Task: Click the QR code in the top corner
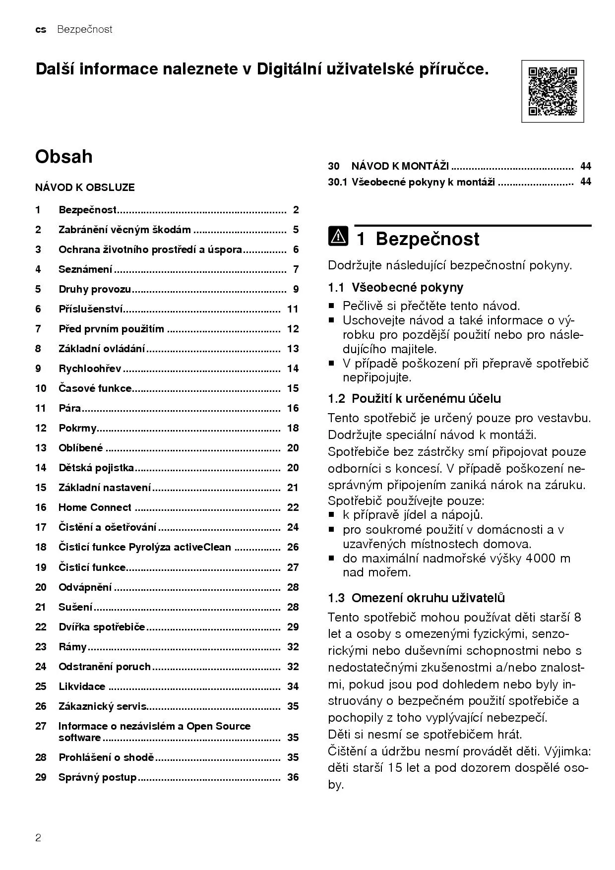[x=553, y=91]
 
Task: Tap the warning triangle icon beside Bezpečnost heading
[x=338, y=237]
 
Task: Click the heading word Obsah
[x=63, y=157]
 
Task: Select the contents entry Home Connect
[x=95, y=507]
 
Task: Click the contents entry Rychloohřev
[x=90, y=369]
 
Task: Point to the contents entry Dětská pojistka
[x=96, y=468]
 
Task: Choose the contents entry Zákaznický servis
[x=103, y=706]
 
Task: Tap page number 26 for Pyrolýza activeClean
[x=293, y=547]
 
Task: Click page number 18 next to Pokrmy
[x=293, y=428]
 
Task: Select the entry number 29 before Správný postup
[x=41, y=777]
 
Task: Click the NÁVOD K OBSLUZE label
[x=85, y=187]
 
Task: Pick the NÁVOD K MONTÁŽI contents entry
[x=400, y=166]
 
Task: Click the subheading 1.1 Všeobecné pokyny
[x=395, y=287]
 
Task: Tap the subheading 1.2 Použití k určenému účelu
[x=414, y=398]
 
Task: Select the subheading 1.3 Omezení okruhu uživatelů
[x=416, y=598]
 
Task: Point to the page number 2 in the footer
[x=38, y=838]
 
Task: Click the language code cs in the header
[x=41, y=30]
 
